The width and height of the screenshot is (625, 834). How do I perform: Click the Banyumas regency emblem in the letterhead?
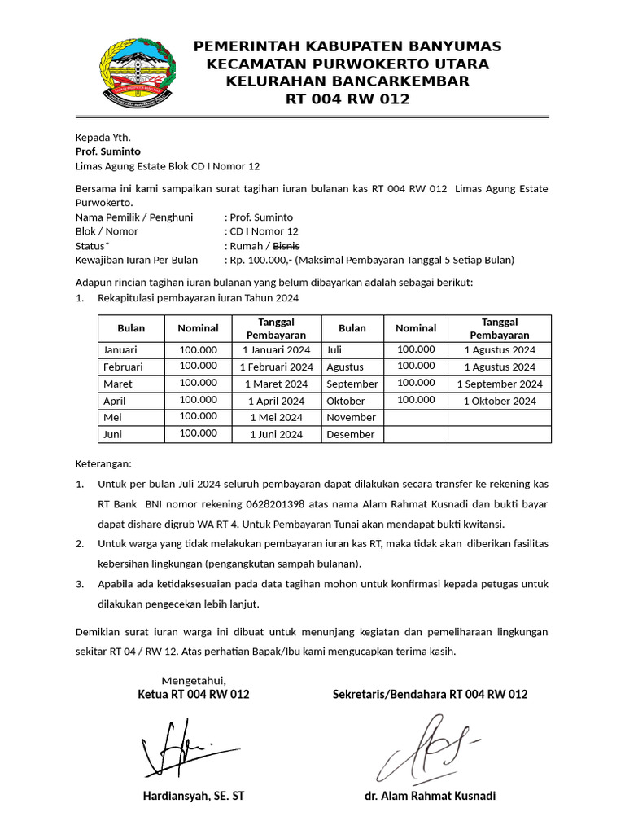pyautogui.click(x=136, y=72)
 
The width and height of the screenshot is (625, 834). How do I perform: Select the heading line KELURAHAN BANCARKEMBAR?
pyautogui.click(x=347, y=81)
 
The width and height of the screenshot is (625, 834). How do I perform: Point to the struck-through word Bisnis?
pyautogui.click(x=286, y=245)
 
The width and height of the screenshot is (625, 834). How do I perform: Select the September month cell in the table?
pyautogui.click(x=352, y=384)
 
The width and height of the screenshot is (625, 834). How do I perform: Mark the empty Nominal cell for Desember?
pyautogui.click(x=415, y=434)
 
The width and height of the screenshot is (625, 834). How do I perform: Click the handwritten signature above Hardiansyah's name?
pyautogui.click(x=183, y=746)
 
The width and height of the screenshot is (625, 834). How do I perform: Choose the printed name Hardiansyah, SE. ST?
pyautogui.click(x=194, y=796)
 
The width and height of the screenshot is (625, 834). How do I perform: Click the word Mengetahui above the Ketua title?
pyautogui.click(x=194, y=680)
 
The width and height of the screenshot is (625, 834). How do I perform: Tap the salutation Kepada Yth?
pyautogui.click(x=103, y=137)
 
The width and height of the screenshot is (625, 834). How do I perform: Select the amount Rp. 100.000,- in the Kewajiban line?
pyautogui.click(x=259, y=260)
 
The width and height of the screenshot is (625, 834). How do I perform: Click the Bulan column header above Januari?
pyautogui.click(x=131, y=328)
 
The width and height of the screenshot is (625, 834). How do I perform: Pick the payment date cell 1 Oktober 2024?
pyautogui.click(x=500, y=401)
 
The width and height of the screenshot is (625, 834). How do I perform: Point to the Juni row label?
pyautogui.click(x=114, y=434)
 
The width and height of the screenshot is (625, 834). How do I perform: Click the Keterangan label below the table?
pyautogui.click(x=103, y=463)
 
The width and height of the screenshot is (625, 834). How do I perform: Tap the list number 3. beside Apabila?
pyautogui.click(x=80, y=584)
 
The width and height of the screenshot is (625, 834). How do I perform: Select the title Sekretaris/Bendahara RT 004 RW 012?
pyautogui.click(x=430, y=694)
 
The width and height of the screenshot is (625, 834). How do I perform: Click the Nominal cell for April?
pyautogui.click(x=198, y=400)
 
